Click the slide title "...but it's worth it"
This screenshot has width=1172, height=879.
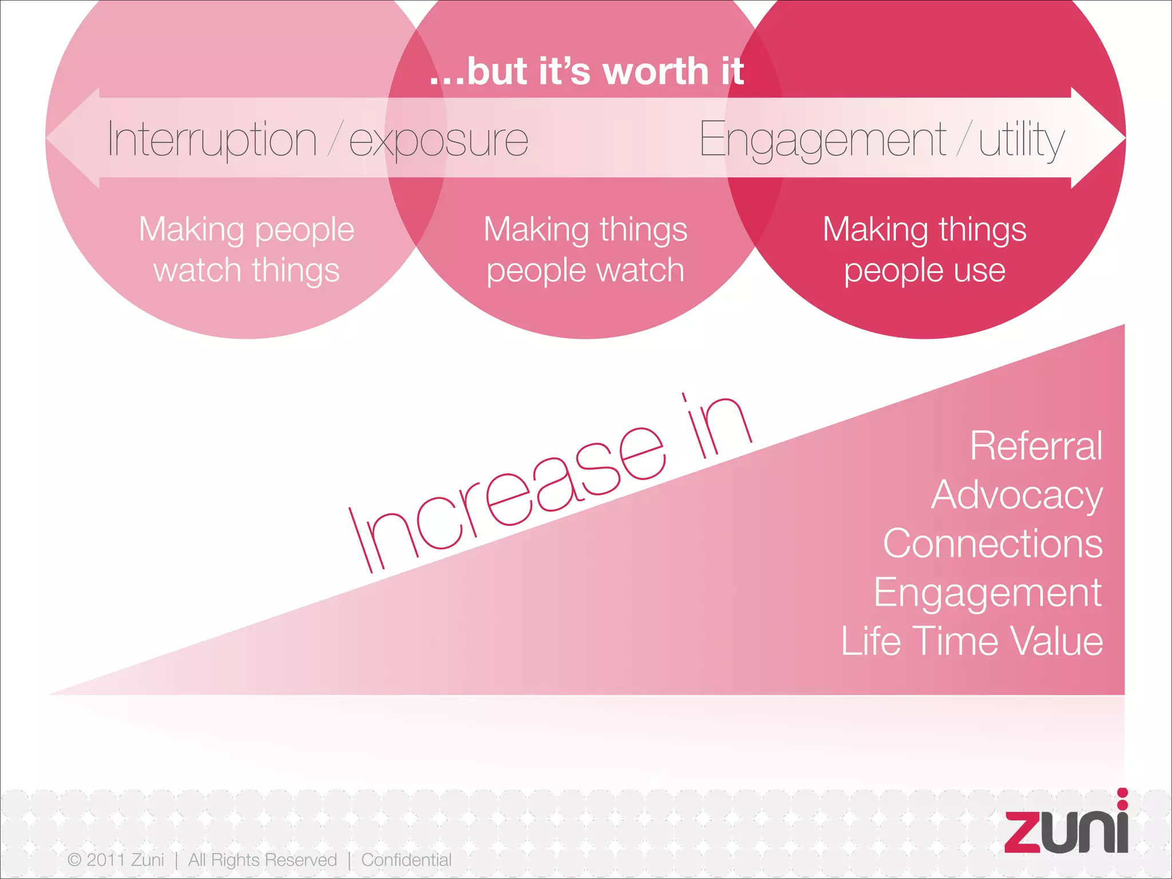587,72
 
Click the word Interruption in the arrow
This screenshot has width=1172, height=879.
212,140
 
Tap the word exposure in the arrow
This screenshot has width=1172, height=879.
438,141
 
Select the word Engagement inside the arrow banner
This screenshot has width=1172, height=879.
822,141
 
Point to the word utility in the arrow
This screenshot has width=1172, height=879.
1021,141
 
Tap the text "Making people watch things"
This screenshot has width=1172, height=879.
247,250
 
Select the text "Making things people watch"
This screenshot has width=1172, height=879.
585,250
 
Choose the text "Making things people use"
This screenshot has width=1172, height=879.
924,250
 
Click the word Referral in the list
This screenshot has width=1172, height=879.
1036,446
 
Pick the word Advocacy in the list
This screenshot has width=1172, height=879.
1016,495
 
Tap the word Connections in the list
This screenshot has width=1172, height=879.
992,544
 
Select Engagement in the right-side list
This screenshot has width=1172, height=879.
987,593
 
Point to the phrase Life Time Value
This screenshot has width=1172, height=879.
972,641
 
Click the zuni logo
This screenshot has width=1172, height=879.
1066,825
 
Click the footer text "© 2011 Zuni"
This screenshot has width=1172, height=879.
116,860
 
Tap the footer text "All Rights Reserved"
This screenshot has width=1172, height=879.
263,860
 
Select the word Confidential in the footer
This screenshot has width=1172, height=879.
406,860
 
